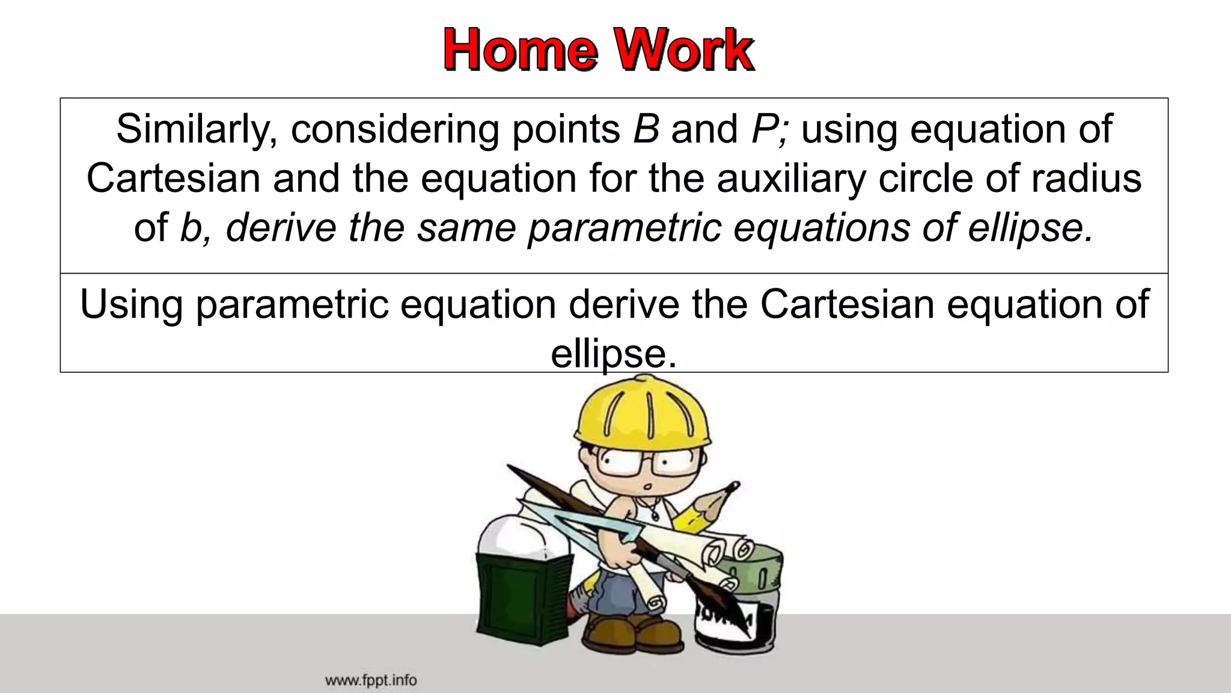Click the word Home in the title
pos(521,50)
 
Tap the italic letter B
pos(646,129)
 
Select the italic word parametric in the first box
pos(625,228)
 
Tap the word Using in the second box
pos(131,304)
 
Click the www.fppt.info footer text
pos(370,680)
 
